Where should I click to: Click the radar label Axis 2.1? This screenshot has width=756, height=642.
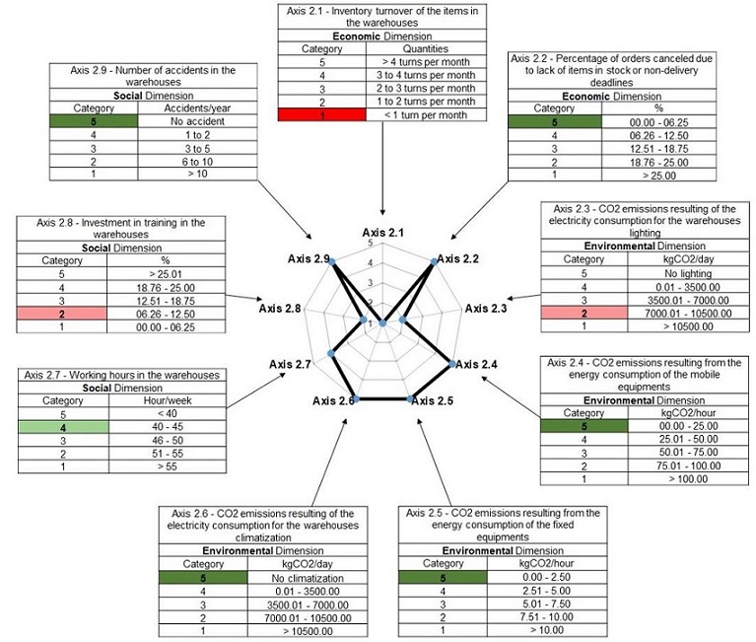(x=382, y=234)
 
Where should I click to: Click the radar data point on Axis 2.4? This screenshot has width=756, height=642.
(x=452, y=364)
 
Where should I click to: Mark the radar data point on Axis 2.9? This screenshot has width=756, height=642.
(x=332, y=260)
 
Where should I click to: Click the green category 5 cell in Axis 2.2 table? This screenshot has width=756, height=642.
(x=555, y=121)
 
